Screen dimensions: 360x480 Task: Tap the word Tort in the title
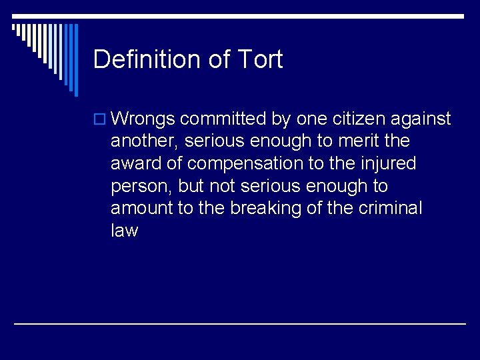tap(259, 59)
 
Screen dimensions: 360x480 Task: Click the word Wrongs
tap(143, 119)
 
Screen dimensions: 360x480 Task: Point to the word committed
tap(223, 119)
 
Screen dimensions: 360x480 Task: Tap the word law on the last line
tap(124, 231)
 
